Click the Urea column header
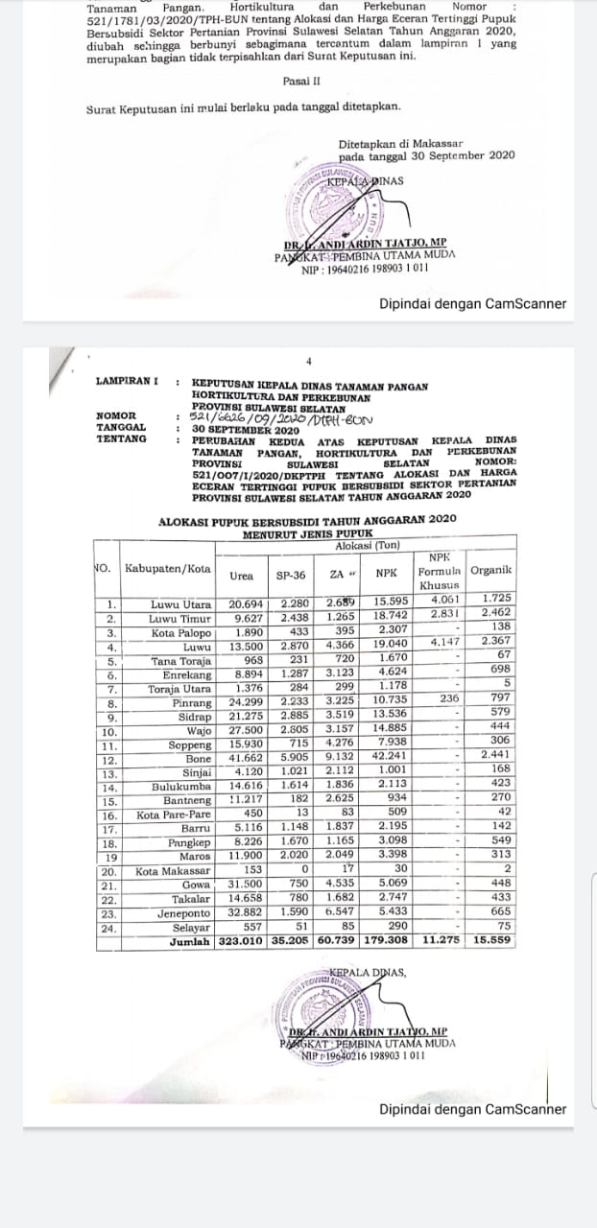coord(242,577)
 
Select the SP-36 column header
coord(291,577)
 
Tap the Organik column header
coord(490,570)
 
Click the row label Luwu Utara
coord(181,604)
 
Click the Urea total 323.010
coord(241,942)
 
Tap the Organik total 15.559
coord(491,942)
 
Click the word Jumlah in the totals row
coord(190,942)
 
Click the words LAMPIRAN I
coord(127,381)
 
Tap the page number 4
coord(309,362)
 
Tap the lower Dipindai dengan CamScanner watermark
coord(472,1110)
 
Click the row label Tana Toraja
coord(182,661)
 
